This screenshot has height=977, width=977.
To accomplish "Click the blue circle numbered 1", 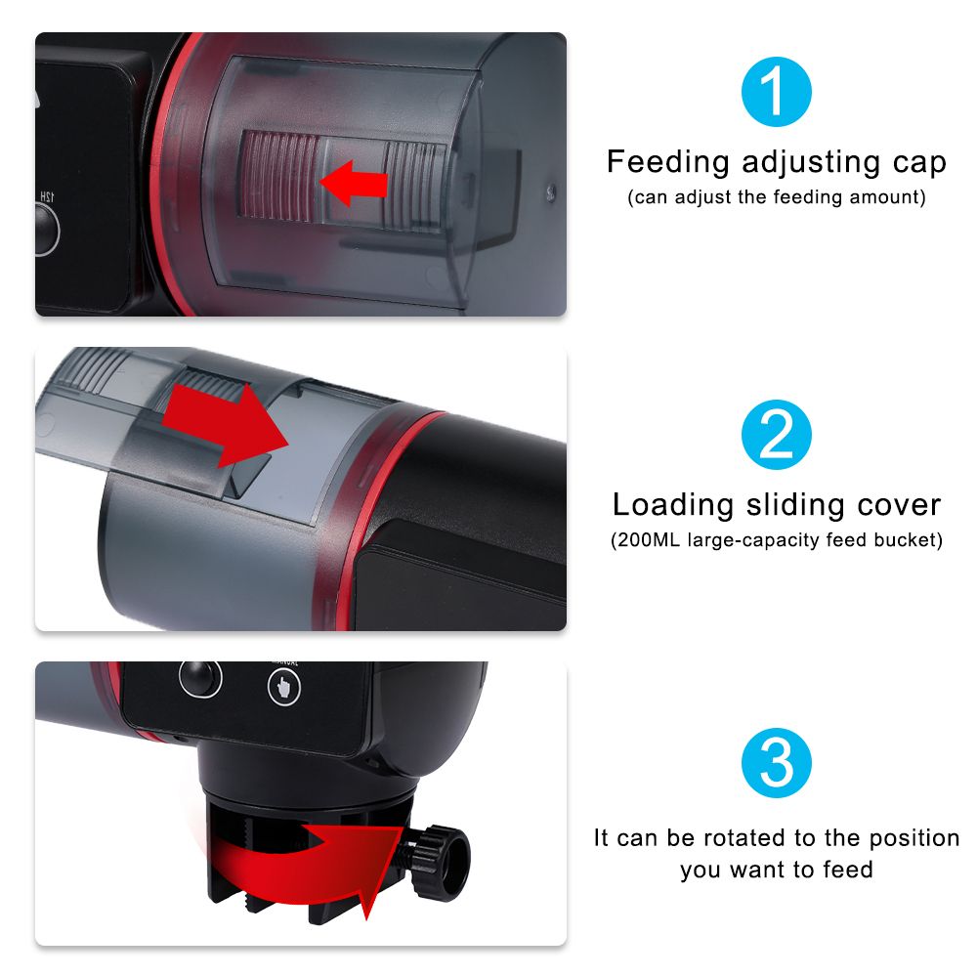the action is (x=777, y=92).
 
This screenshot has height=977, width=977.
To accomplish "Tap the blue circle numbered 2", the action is (x=777, y=435).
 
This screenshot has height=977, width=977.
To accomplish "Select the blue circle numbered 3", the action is (x=777, y=763).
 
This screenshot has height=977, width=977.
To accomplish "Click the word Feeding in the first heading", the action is (x=668, y=163).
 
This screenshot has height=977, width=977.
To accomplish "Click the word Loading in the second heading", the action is (x=673, y=506).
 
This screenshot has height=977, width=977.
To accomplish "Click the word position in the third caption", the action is (x=914, y=839).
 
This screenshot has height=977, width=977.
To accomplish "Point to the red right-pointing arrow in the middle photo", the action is (x=225, y=424).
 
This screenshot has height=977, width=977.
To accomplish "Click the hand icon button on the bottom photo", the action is (x=284, y=687).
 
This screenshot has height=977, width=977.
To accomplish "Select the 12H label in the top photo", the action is (x=47, y=197).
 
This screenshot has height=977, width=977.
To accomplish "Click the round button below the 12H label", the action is (x=45, y=230).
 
